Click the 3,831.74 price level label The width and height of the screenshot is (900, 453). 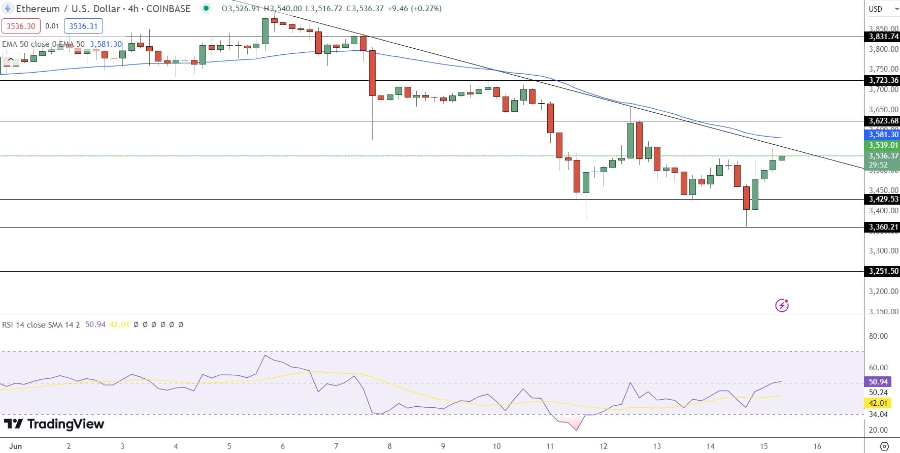tap(883, 37)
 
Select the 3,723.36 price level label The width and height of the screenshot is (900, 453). tap(883, 80)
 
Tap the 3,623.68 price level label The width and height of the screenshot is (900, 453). tap(883, 121)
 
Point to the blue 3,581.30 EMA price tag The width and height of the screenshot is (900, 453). tap(883, 135)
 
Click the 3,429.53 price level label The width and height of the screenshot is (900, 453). tap(883, 199)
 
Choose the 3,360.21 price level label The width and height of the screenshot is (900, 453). tap(883, 227)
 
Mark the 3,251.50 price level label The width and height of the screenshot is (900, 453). tap(883, 271)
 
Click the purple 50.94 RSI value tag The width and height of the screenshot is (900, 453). tap(878, 382)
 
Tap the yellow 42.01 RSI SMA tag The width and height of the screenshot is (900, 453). tap(878, 403)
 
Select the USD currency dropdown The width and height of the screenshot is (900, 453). tap(882, 9)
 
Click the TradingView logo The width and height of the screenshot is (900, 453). tap(54, 424)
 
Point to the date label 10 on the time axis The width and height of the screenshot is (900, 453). tap(496, 446)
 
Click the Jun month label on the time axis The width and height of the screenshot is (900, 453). tap(16, 446)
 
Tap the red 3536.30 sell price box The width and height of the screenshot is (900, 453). tap(21, 26)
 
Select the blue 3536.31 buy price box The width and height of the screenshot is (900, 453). tap(83, 26)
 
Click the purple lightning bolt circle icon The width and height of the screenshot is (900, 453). tap(782, 305)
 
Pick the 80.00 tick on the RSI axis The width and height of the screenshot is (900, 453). tap(878, 336)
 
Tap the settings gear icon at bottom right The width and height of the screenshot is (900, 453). tap(884, 446)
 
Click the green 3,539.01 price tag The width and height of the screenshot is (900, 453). tap(883, 145)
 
